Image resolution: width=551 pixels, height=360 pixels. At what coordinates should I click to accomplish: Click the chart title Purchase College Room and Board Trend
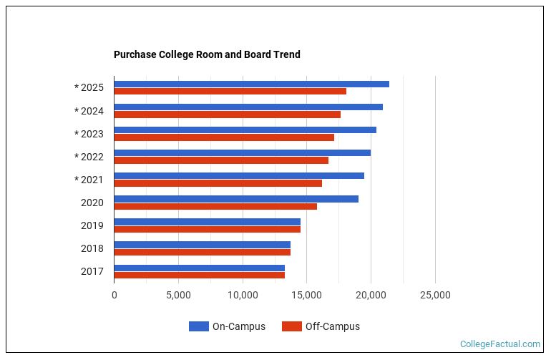click(x=207, y=54)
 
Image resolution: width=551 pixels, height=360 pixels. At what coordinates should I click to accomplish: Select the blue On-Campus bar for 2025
click(x=251, y=84)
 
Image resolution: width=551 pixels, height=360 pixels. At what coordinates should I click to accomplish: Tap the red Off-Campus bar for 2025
click(x=230, y=92)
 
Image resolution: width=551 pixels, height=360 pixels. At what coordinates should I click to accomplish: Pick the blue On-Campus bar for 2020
click(x=236, y=198)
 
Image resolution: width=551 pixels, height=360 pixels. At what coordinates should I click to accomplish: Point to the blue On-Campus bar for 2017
click(x=199, y=267)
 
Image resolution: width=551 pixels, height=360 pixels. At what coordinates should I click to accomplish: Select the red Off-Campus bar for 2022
click(x=221, y=160)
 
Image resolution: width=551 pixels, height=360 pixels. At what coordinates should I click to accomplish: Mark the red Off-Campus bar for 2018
click(x=202, y=252)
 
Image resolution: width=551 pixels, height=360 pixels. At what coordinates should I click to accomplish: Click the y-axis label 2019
click(x=92, y=225)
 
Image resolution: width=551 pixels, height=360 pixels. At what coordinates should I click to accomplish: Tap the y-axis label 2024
click(x=92, y=111)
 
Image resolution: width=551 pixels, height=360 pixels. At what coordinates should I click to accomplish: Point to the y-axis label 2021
click(x=92, y=180)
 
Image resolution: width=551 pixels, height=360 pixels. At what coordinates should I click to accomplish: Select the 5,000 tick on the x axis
click(x=178, y=295)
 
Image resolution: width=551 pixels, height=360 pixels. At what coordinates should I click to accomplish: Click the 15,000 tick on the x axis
click(x=307, y=295)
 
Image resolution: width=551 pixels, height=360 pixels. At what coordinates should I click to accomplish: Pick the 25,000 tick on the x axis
click(x=435, y=295)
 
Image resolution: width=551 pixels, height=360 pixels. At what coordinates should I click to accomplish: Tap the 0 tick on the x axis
click(x=114, y=295)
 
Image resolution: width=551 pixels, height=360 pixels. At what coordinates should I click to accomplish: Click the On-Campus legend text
click(x=238, y=326)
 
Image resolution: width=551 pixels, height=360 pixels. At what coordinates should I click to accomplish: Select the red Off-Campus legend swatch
click(x=291, y=326)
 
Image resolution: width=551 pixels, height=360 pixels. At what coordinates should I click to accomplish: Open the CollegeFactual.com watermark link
click(x=499, y=344)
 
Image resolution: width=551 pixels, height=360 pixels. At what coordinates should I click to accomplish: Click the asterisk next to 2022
click(x=77, y=157)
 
